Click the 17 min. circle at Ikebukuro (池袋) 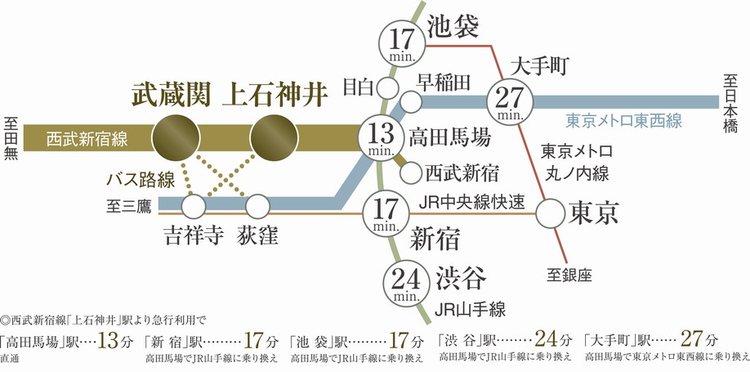pyautogui.click(x=402, y=42)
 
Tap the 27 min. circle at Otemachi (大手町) pyautogui.click(x=510, y=101)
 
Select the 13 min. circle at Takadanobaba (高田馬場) pyautogui.click(x=382, y=136)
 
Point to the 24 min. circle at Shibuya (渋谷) pyautogui.click(x=406, y=280)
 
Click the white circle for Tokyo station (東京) pyautogui.click(x=553, y=214)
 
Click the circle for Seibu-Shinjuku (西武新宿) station pyautogui.click(x=411, y=173)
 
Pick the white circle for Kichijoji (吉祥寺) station pyautogui.click(x=194, y=204)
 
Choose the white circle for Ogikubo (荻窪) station pyautogui.click(x=258, y=204)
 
